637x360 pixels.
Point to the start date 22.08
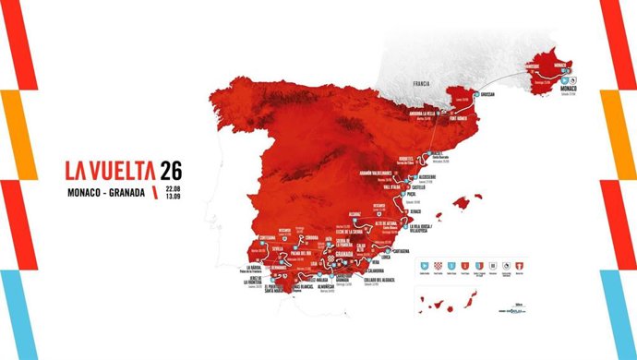173,188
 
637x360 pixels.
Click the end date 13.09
173,198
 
